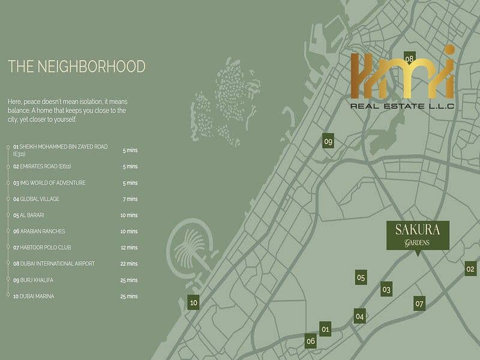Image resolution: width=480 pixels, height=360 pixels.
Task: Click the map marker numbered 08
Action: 410,58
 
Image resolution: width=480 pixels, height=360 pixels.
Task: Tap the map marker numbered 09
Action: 328,141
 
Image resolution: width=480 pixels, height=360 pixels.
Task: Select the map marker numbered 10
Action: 193,302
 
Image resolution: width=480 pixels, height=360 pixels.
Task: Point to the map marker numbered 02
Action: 470,269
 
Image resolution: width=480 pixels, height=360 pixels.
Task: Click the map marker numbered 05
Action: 361,277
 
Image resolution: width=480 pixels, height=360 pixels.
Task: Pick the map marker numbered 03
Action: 386,289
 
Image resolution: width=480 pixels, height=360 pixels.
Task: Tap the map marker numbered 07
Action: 419,303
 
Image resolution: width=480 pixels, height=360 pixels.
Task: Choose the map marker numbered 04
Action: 359,316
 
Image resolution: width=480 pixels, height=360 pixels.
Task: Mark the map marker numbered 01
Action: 325,329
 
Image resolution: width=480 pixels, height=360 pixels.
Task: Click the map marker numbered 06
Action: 310,341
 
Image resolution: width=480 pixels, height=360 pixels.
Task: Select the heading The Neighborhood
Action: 76,66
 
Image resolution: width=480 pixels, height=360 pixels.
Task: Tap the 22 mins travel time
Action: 130,264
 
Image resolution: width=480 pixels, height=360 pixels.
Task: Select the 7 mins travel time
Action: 130,199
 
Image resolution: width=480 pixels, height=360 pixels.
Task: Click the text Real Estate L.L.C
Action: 401,106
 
